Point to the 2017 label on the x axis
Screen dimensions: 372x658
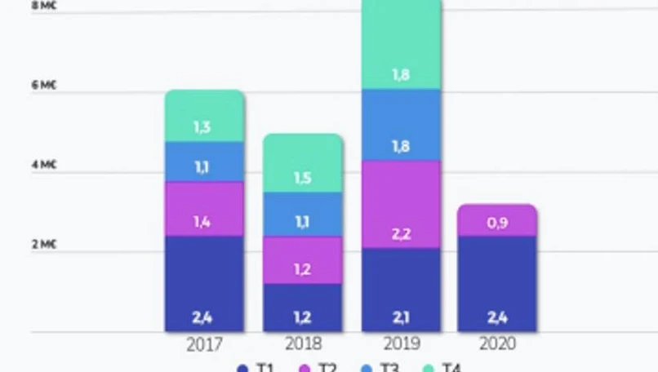204,344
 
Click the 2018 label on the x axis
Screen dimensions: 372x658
302,344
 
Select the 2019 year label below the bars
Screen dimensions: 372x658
401,344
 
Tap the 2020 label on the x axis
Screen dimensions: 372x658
496,344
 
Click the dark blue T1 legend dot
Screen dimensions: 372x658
242,368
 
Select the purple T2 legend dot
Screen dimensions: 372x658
305,368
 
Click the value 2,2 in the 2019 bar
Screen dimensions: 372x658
401,235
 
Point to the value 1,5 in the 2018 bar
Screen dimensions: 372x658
302,179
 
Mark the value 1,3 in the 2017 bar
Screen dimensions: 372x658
203,126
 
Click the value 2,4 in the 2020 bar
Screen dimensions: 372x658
496,317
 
